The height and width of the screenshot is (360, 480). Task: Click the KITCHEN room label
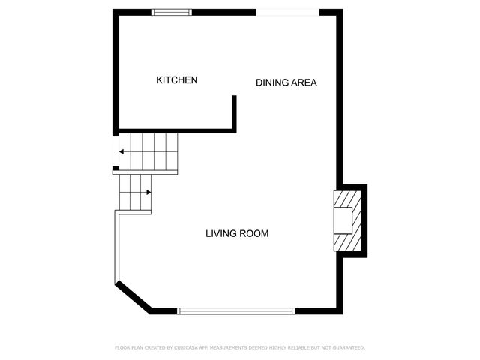[177, 80]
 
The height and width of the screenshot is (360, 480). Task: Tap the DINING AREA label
[286, 82]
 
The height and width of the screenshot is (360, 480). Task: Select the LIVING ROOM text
[237, 234]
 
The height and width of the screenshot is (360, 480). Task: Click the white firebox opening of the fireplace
[342, 221]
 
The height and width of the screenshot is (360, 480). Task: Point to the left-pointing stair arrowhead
[121, 151]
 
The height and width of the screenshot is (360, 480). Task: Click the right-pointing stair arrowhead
[148, 192]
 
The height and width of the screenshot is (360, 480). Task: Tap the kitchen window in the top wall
[172, 12]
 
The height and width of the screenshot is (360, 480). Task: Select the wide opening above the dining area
[287, 12]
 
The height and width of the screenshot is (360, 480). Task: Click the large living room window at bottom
[236, 310]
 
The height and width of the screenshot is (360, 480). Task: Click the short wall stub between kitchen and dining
[235, 112]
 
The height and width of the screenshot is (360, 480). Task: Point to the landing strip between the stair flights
[145, 172]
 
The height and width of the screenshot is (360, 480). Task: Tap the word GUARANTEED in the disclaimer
[346, 348]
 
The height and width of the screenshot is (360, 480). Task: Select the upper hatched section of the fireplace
[346, 200]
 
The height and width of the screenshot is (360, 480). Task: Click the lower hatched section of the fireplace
[346, 242]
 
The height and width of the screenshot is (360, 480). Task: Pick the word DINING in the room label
[270, 82]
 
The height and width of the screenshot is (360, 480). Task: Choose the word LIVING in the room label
[220, 234]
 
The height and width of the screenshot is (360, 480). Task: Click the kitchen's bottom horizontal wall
[176, 130]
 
